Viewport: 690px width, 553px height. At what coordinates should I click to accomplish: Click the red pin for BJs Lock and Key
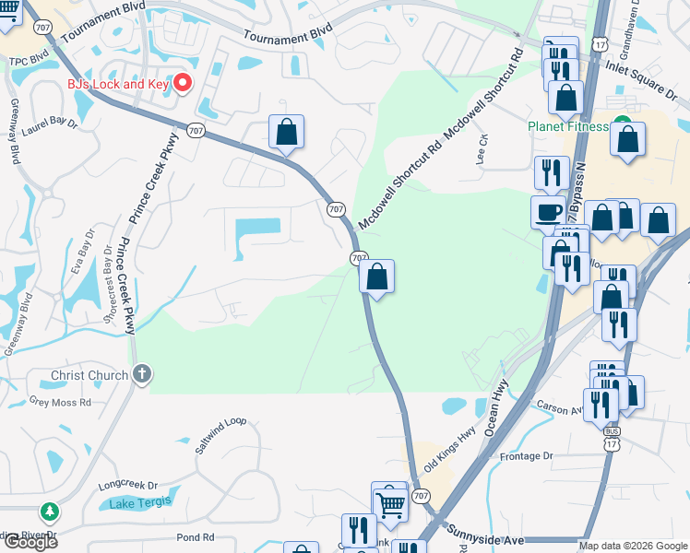pyautogui.click(x=182, y=83)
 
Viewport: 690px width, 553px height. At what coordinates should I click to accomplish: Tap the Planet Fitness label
pyautogui.click(x=567, y=126)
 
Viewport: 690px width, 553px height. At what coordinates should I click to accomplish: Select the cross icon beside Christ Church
pyautogui.click(x=141, y=375)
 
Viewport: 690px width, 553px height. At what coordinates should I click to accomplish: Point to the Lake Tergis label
pyautogui.click(x=135, y=503)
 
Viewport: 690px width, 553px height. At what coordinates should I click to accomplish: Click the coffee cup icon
pyautogui.click(x=549, y=211)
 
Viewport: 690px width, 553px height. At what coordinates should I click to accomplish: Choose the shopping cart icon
pyautogui.click(x=390, y=504)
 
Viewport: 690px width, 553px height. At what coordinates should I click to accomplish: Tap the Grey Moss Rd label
pyautogui.click(x=60, y=402)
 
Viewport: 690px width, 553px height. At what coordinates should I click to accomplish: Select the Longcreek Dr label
pyautogui.click(x=128, y=484)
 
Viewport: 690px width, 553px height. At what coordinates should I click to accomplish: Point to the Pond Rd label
pyautogui.click(x=195, y=537)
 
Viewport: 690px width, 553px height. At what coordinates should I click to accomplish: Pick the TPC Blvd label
pyautogui.click(x=28, y=62)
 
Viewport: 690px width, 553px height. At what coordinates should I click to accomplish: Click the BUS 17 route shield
pyautogui.click(x=611, y=438)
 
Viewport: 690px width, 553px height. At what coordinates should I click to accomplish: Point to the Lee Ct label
pyautogui.click(x=481, y=147)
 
